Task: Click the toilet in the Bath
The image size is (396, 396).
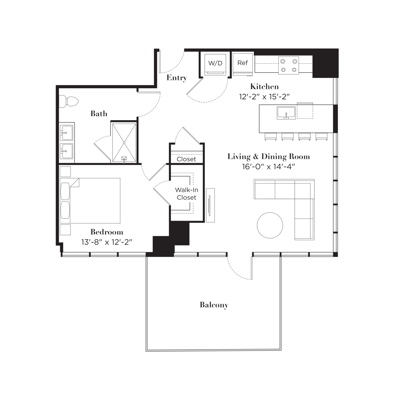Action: [69, 101]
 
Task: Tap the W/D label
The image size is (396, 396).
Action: [215, 63]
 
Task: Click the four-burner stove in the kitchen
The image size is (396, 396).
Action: [288, 65]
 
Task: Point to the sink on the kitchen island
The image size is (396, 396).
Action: [286, 113]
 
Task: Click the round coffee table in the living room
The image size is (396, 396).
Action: [270, 226]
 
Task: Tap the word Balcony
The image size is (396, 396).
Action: [214, 305]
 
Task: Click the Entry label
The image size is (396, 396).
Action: [177, 78]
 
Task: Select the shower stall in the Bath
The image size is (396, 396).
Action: [124, 143]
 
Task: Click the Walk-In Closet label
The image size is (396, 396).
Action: [187, 194]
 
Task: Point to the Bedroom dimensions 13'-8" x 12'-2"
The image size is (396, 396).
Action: [107, 242]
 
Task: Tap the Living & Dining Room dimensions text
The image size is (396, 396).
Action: [268, 167]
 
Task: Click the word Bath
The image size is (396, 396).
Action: [99, 114]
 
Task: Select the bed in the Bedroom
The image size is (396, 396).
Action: [90, 201]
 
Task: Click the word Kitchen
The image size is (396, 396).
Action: [264, 87]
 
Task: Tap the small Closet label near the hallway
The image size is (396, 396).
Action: [186, 159]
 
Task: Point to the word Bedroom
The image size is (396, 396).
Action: [107, 232]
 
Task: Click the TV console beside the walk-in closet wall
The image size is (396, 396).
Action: [210, 205]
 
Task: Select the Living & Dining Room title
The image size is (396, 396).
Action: [269, 157]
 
